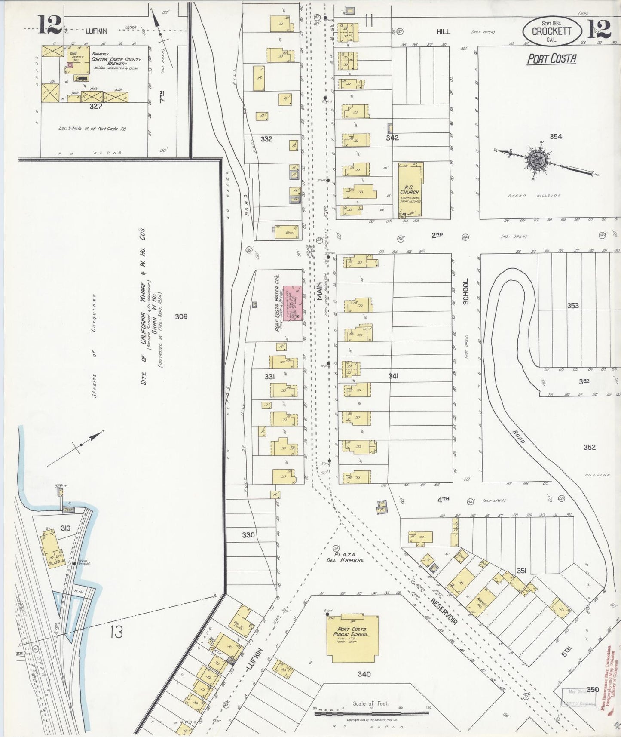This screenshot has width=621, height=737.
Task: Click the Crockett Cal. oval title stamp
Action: [x=552, y=31]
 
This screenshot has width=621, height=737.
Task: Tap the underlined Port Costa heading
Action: [x=552, y=59]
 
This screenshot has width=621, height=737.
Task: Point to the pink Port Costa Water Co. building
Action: [x=292, y=303]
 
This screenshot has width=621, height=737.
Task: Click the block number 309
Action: [x=181, y=316]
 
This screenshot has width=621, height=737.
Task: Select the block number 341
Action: [x=393, y=376]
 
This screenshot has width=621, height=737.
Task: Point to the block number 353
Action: [x=573, y=306]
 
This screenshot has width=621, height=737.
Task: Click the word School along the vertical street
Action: [x=466, y=292]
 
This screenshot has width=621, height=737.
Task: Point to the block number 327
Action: [x=95, y=106]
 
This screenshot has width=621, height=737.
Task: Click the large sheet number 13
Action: [x=116, y=632]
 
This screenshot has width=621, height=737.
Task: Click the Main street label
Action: [x=320, y=292]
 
